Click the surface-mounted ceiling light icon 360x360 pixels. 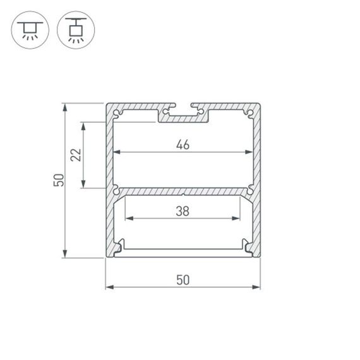click(x=30, y=30)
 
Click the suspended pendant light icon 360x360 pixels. click(x=76, y=30)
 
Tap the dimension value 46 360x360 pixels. click(x=183, y=145)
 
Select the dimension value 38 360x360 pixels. click(x=183, y=212)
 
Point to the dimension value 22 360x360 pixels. click(x=76, y=155)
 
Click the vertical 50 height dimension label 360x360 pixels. click(x=57, y=180)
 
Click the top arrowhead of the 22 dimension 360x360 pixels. click(x=83, y=125)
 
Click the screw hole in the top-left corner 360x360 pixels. click(x=117, y=113)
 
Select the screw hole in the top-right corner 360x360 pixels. click(x=250, y=113)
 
